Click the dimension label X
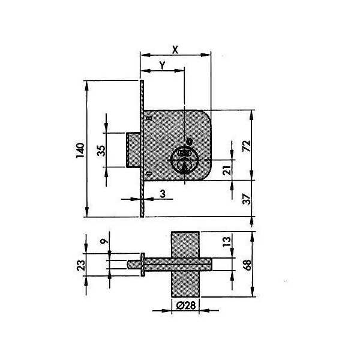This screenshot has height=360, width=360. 175,50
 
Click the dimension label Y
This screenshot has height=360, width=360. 163,65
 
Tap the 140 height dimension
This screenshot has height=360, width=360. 80,151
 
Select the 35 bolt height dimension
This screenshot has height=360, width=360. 101,151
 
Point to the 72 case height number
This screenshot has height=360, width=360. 247,145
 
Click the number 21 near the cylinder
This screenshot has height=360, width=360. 227,170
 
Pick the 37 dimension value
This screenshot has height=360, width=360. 247,199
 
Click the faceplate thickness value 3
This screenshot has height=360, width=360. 163,194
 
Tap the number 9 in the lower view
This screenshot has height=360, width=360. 104,241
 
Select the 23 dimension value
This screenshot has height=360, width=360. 81,265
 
